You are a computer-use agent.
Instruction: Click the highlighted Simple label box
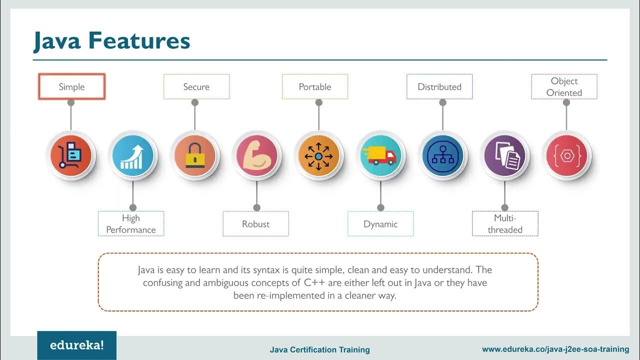(71, 87)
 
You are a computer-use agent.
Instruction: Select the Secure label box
(196, 87)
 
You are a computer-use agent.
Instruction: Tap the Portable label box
(315, 87)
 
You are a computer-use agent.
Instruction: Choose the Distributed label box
(439, 87)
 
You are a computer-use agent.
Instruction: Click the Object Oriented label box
(564, 87)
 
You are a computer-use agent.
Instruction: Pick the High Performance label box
(131, 224)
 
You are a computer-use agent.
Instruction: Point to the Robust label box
(255, 224)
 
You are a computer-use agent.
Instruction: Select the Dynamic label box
(380, 224)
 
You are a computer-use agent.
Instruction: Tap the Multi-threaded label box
(505, 224)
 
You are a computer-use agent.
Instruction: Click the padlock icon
(194, 155)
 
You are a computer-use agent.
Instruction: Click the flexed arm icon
(256, 155)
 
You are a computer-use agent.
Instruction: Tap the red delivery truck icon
(380, 155)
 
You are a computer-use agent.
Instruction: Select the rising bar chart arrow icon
(132, 155)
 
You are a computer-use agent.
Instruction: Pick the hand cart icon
(70, 155)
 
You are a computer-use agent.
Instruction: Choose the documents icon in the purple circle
(504, 155)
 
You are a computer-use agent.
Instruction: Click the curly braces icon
(566, 155)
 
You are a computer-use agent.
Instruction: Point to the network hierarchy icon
(442, 155)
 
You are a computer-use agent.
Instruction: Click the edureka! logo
(76, 345)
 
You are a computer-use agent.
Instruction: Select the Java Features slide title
(112, 41)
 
